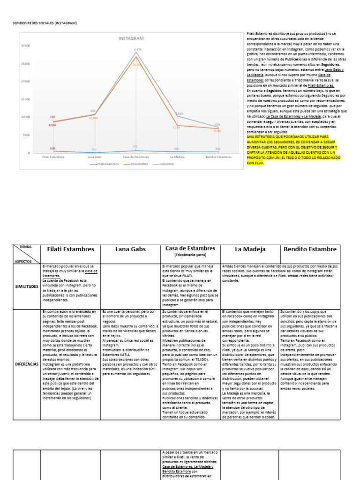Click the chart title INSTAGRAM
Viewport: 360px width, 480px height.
pos(131,38)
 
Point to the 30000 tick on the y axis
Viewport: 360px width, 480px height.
pos(25,45)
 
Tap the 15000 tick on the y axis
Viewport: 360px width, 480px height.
pos(25,99)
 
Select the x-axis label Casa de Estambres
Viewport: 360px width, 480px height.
pos(136,157)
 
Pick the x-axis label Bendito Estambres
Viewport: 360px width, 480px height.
pos(219,157)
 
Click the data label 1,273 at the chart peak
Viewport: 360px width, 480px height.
pos(137,49)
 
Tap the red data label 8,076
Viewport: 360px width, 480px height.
pos(52,125)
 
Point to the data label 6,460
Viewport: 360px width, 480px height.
pos(217,131)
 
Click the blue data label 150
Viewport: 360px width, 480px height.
pos(94,150)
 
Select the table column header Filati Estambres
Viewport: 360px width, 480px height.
pos(71,249)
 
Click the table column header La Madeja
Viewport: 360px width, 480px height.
pos(250,249)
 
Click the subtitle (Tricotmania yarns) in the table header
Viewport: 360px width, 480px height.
pos(190,256)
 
